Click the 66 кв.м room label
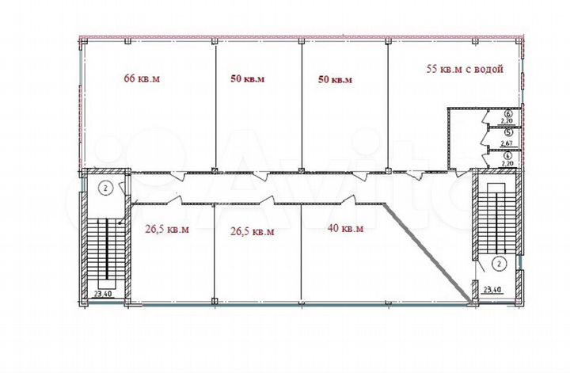pos(142,78)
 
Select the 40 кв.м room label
pos(345,229)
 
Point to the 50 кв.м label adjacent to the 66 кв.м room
pos(247,78)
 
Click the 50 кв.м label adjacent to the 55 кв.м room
pos(334,79)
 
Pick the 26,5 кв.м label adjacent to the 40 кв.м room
pos(252,231)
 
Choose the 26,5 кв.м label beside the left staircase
pos(166,230)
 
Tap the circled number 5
pos(508,134)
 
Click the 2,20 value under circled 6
pos(508,123)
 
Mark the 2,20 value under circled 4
pos(508,162)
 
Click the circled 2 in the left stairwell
pos(104,188)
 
